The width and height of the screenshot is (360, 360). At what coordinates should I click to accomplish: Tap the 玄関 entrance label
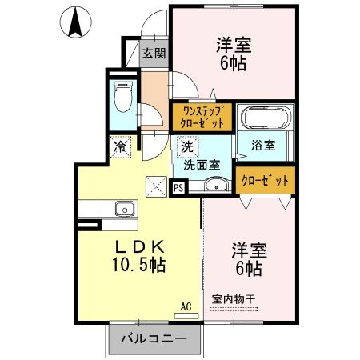(154, 54)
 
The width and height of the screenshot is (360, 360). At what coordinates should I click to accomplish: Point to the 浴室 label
(264, 146)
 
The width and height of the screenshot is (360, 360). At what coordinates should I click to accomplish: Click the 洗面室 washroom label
(202, 166)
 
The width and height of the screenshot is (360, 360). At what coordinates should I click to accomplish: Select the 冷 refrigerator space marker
(119, 147)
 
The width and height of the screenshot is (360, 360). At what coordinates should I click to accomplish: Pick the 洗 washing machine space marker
(186, 147)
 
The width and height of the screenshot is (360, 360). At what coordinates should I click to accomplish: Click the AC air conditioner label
(186, 306)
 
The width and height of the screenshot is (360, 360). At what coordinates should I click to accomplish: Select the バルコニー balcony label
(154, 338)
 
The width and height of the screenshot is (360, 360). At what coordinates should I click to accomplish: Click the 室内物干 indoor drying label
(234, 299)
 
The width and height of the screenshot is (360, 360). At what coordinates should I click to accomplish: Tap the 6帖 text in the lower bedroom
(249, 268)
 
